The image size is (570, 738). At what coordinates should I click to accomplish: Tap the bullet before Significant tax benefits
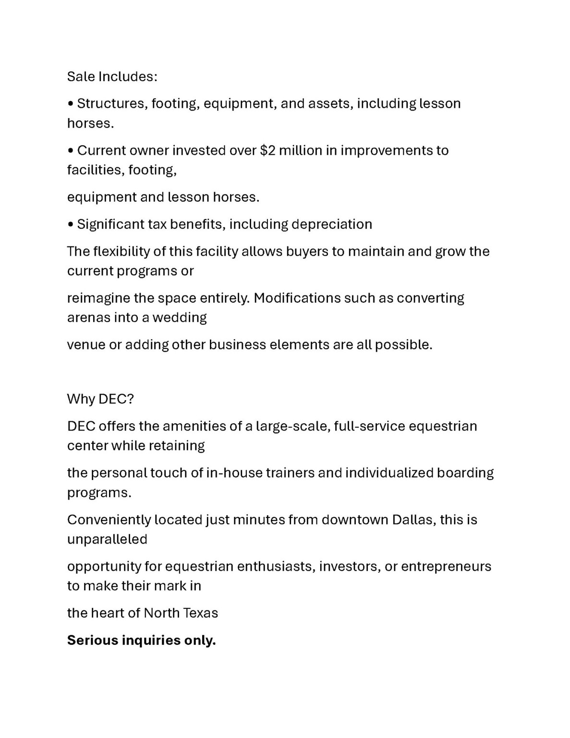(71, 225)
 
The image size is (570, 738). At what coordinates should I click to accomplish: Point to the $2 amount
(267, 150)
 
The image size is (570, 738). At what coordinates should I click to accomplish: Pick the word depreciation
(332, 224)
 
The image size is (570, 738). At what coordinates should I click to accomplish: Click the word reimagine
(98, 298)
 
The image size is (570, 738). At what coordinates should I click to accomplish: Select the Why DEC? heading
(100, 399)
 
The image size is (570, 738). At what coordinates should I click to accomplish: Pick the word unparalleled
(107, 540)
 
